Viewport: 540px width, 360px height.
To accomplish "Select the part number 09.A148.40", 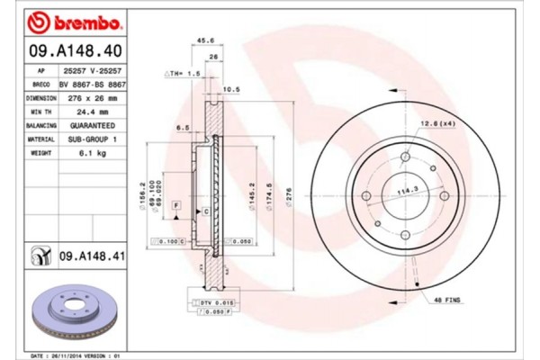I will coord(66,49).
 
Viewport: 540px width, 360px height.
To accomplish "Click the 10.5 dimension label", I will coord(229,89).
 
